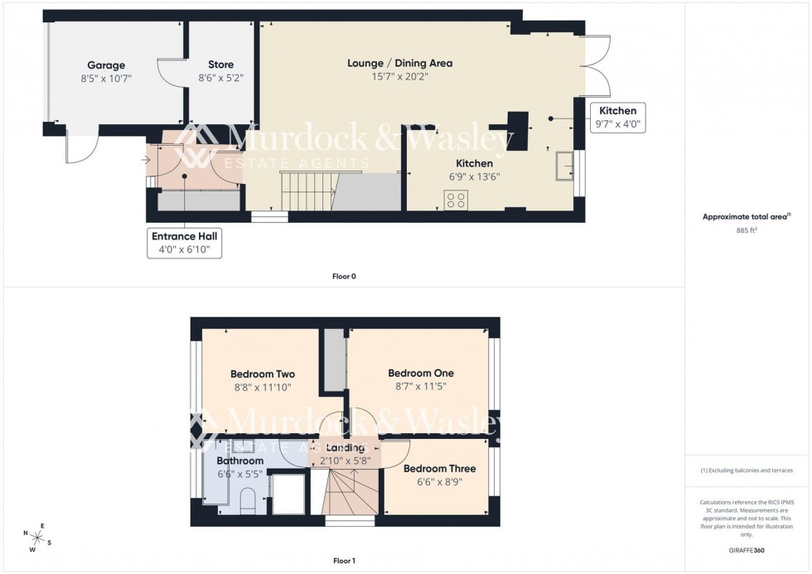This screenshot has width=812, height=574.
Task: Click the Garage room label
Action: click(106, 65)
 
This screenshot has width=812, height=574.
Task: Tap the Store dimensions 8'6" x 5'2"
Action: click(220, 79)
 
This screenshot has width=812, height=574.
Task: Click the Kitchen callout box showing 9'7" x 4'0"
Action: click(617, 118)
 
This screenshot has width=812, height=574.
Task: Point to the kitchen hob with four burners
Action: click(456, 200)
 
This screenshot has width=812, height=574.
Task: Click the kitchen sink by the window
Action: click(565, 165)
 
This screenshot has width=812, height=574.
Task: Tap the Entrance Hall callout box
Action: click(185, 242)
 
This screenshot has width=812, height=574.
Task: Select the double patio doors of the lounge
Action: click(597, 65)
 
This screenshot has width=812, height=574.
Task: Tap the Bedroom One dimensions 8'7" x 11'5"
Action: click(421, 386)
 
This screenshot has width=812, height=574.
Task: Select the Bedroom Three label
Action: click(440, 468)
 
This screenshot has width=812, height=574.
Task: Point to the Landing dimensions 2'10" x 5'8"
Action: click(345, 460)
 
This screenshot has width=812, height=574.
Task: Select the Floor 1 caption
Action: click(344, 561)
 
